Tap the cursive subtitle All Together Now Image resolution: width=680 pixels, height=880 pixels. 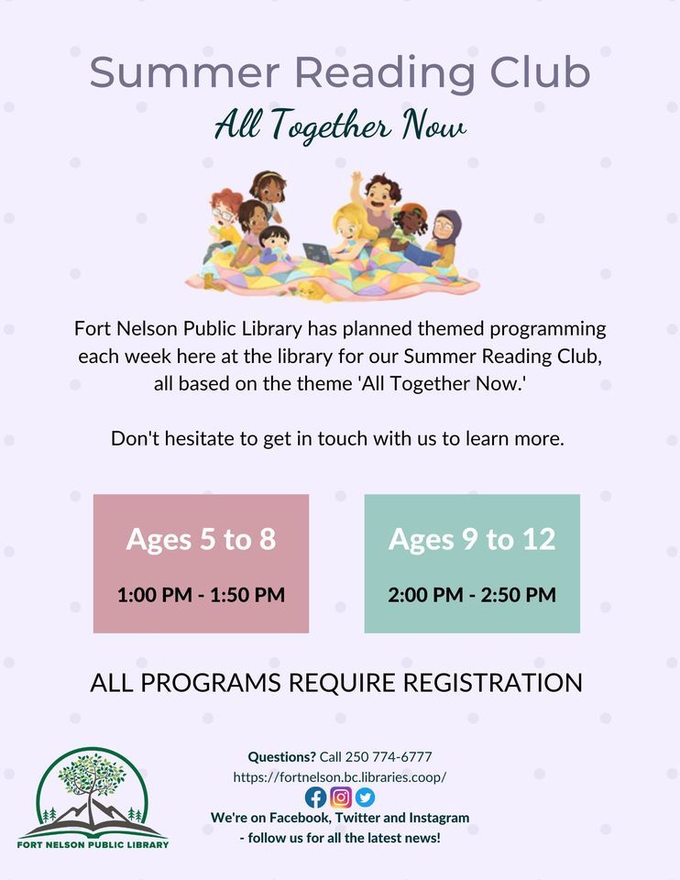pos(340,126)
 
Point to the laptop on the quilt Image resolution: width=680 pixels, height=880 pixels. pos(317,252)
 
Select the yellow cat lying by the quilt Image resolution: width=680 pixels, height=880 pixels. pos(310,291)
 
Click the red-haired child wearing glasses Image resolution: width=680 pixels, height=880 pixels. pos(223,214)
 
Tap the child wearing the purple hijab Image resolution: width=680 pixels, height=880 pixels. pos(446,235)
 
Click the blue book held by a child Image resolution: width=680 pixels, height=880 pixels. pos(421,254)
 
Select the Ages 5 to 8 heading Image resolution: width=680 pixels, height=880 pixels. pos(201,539)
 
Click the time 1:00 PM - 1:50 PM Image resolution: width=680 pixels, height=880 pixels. pos(201,595)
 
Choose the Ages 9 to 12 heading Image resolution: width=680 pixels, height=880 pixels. pos(472,539)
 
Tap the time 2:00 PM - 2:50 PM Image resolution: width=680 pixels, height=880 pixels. pos(472,595)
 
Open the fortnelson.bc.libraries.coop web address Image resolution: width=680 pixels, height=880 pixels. pos(339,776)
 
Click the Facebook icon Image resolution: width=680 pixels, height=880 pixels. pos(315,797)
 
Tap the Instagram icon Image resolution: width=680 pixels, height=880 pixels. pos(340,797)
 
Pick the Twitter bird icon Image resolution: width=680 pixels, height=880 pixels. pos(365,797)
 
